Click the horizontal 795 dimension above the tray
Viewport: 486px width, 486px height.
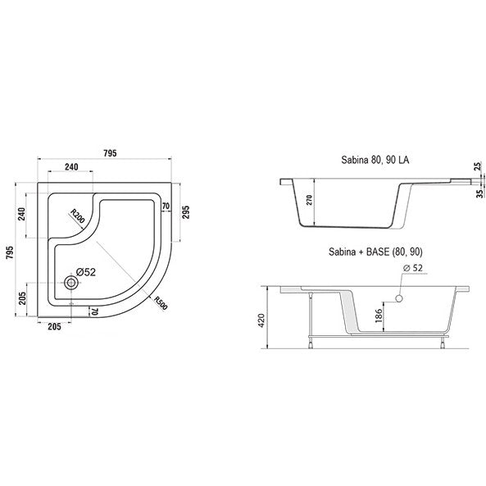click(x=110, y=153)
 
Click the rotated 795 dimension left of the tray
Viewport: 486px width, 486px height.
click(x=10, y=252)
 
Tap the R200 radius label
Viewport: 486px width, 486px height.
click(x=77, y=216)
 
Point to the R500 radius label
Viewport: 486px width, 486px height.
click(x=161, y=302)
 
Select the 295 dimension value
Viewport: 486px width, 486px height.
click(x=186, y=212)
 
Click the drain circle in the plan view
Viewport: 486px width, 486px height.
click(x=71, y=283)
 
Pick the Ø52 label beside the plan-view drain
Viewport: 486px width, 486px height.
click(x=86, y=272)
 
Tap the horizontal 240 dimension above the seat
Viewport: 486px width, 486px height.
click(x=71, y=166)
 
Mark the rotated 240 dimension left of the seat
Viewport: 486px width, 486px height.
click(x=21, y=214)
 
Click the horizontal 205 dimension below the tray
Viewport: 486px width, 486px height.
click(x=55, y=326)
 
